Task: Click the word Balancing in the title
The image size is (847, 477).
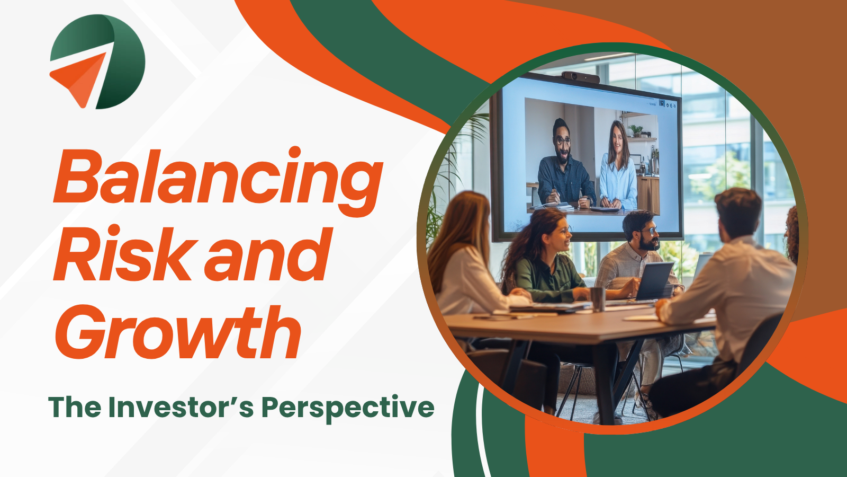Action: pos(218,182)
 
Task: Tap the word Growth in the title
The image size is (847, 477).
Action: pos(178,332)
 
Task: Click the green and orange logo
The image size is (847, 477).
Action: pos(97,61)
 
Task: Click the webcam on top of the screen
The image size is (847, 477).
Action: pos(580,77)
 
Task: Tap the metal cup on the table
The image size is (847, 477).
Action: pos(598,299)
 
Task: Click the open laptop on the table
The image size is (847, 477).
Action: pos(653,281)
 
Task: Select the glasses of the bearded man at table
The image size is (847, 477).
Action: pos(649,231)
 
